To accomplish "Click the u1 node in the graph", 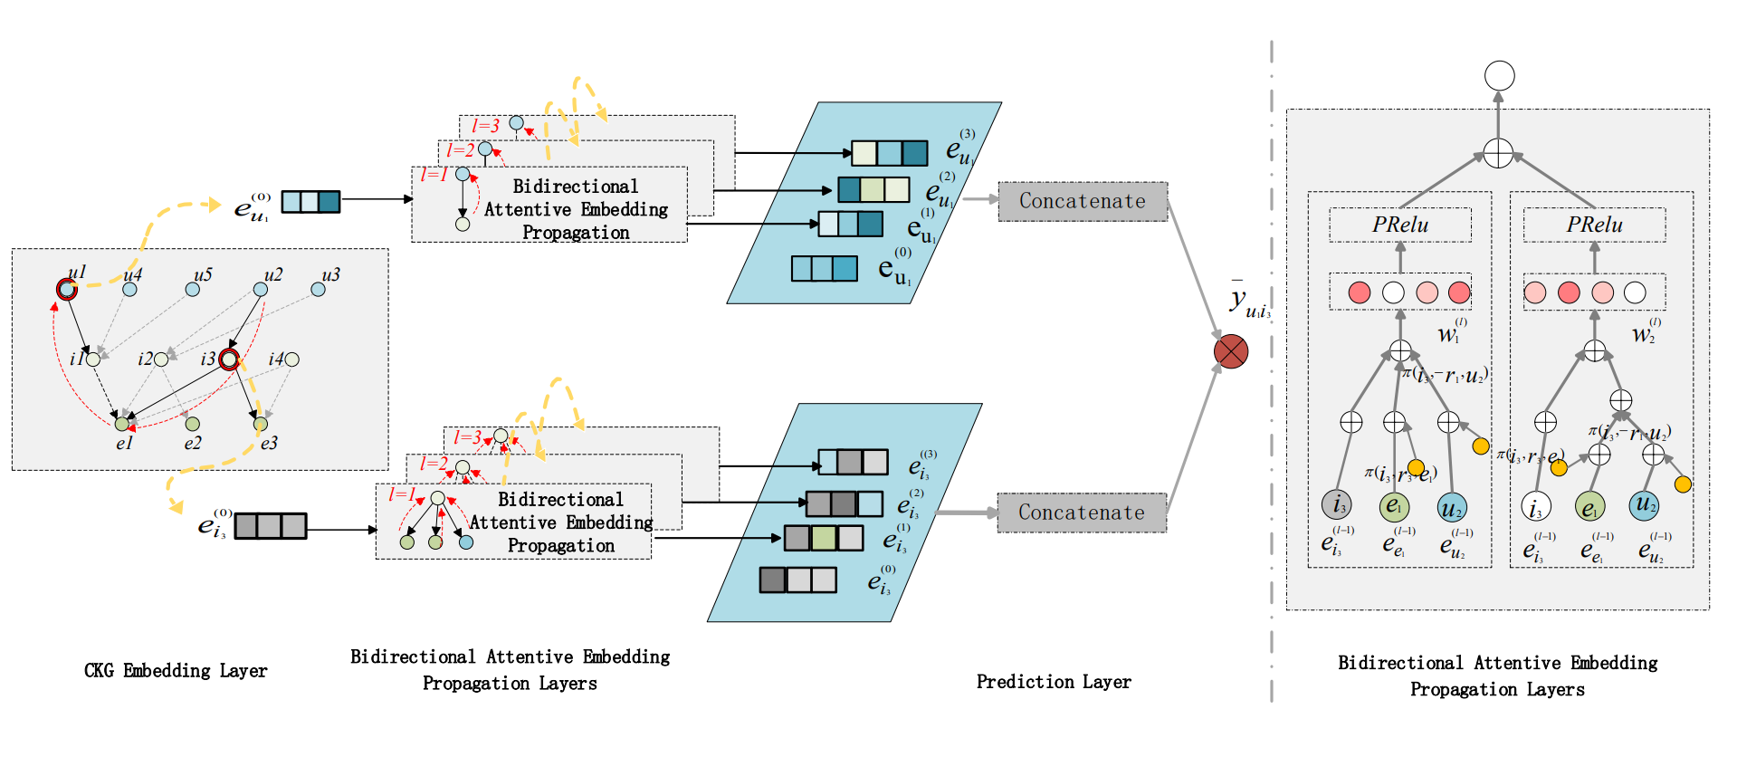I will pyautogui.click(x=66, y=289).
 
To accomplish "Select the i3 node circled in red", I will pyautogui.click(x=230, y=360).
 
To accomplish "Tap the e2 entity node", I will pyautogui.click(x=192, y=424).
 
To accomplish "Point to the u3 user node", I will pyautogui.click(x=318, y=290).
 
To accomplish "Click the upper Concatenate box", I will pyautogui.click(x=1083, y=201).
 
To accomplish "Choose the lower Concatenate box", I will pyautogui.click(x=1082, y=513).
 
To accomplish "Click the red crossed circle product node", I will pyautogui.click(x=1231, y=351).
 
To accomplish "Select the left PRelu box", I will pyautogui.click(x=1399, y=225).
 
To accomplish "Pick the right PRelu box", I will pyautogui.click(x=1594, y=225).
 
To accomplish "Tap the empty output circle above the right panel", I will pyautogui.click(x=1500, y=76).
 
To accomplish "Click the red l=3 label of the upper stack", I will pyautogui.click(x=485, y=126).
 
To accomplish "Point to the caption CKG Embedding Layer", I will pyautogui.click(x=176, y=671).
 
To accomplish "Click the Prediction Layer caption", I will pyautogui.click(x=1054, y=682).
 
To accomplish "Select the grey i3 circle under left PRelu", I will pyautogui.click(x=1337, y=504).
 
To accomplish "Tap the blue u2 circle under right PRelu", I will pyautogui.click(x=1645, y=504).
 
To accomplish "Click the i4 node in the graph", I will pyautogui.click(x=291, y=359).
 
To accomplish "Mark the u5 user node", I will pyautogui.click(x=192, y=290).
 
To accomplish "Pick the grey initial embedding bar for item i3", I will pyautogui.click(x=270, y=526).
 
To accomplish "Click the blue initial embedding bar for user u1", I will pyautogui.click(x=310, y=202).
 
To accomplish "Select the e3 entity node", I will pyautogui.click(x=261, y=424).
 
